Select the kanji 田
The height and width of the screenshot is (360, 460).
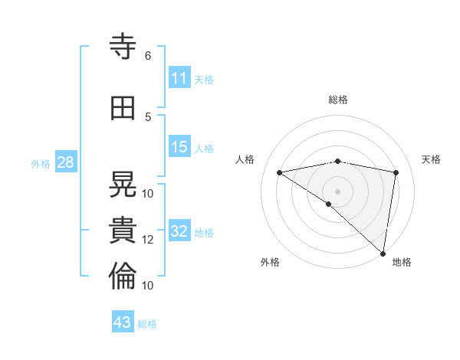123,108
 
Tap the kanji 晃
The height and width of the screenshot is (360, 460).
123,185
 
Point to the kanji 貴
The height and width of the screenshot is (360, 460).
123,231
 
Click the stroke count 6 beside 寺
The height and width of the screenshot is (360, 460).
148,56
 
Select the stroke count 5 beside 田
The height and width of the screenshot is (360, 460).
148,117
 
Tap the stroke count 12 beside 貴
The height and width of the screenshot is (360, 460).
148,240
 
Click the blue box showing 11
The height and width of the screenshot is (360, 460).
179,78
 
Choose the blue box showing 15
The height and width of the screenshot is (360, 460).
179,147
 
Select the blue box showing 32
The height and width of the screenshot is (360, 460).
179,231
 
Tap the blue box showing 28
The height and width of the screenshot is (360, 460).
64,162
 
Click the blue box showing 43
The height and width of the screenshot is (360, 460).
123,322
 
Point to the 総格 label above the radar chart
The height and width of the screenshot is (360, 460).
338,100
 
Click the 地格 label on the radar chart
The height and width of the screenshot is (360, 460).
402,262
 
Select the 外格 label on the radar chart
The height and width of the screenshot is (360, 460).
270,262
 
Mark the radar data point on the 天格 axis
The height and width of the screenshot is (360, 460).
396,172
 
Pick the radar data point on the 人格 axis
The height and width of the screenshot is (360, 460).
279,172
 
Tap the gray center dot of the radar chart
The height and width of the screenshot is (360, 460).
337,191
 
